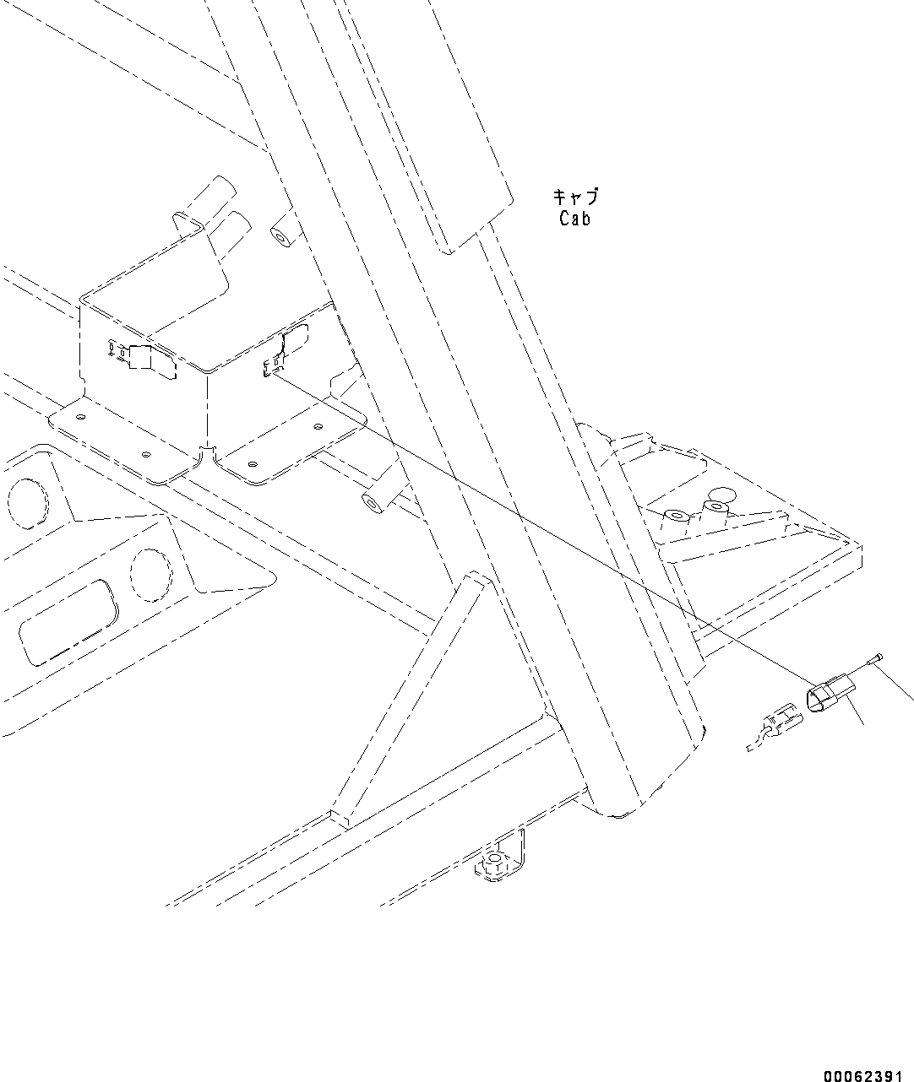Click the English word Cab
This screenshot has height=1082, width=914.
[x=574, y=219]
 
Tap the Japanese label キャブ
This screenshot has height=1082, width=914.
[x=575, y=197]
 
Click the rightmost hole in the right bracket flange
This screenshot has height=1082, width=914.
[x=318, y=428]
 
